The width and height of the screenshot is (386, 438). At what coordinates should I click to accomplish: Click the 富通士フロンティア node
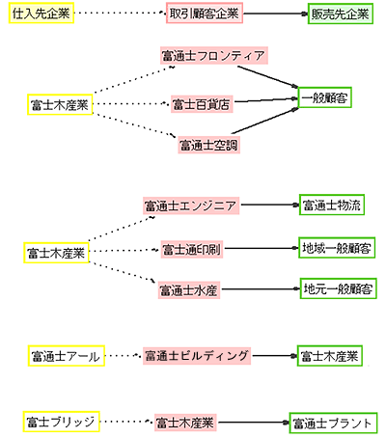[x=212, y=56]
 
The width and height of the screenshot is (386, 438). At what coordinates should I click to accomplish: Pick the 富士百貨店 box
[x=202, y=101]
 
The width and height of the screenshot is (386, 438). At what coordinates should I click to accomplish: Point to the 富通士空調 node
[x=207, y=146]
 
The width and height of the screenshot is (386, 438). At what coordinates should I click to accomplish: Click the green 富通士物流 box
[x=331, y=205]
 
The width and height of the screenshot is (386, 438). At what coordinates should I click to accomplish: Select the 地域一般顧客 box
[x=336, y=247]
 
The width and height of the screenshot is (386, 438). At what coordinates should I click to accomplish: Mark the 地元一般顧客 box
[x=336, y=287]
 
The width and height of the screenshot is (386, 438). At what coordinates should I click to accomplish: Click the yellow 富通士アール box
[x=65, y=356]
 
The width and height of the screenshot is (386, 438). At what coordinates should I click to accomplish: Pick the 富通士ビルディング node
[x=198, y=356]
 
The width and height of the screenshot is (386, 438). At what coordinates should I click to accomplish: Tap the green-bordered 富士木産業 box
[x=329, y=356]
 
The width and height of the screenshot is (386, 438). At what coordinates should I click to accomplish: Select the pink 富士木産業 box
[x=184, y=422]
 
